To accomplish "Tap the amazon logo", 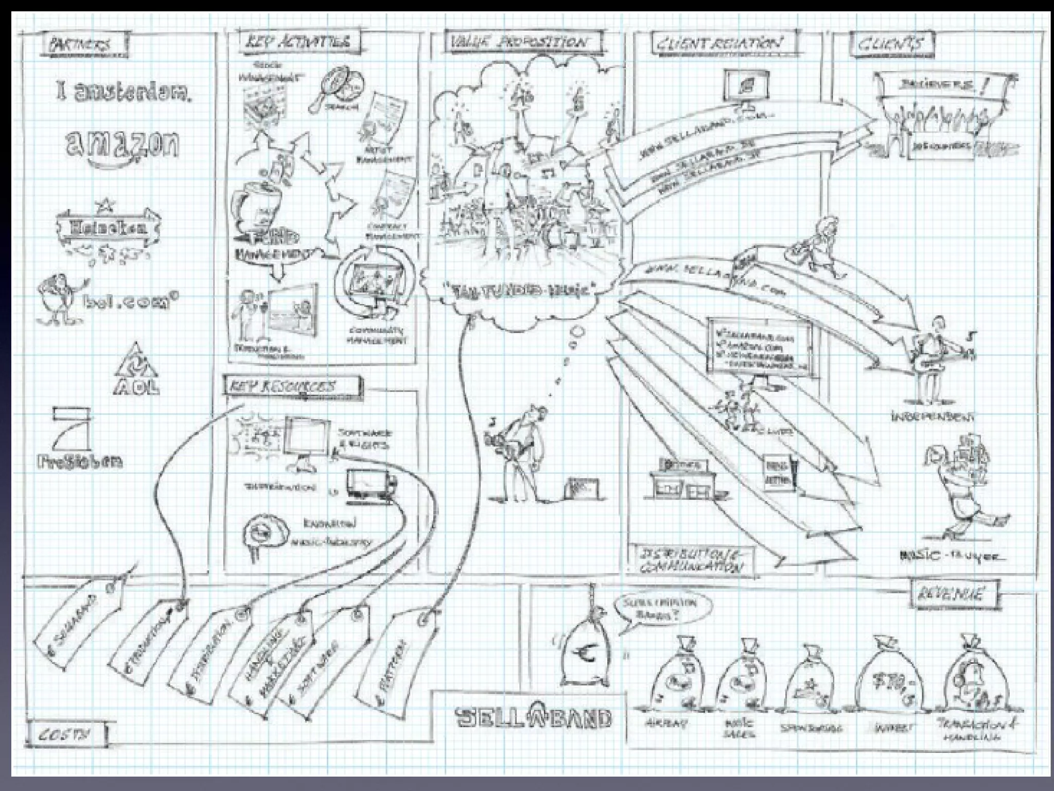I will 122,146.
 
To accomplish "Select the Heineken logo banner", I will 107,227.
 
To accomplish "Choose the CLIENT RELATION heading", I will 718,43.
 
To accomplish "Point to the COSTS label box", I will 66,734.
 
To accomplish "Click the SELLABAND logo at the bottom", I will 534,717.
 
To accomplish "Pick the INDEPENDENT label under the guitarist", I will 932,416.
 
